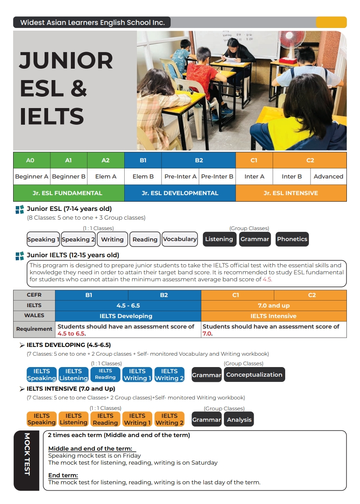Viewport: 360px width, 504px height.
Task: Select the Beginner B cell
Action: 69,177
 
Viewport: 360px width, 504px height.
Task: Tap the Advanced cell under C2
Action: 328,177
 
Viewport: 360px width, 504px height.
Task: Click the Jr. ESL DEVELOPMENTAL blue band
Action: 180,193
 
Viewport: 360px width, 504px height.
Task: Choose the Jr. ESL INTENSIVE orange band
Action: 291,193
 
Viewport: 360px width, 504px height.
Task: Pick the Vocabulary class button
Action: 180,239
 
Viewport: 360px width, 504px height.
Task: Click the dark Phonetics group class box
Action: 292,239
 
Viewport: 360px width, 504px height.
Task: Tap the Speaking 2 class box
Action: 78,239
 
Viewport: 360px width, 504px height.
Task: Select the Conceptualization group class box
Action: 254,375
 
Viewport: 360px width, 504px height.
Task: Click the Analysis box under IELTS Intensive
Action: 239,420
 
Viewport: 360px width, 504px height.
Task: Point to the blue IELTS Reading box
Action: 105,374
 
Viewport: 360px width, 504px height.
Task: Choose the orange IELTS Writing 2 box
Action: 169,419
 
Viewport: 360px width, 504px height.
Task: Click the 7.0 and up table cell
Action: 274,305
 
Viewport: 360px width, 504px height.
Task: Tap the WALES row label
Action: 34,316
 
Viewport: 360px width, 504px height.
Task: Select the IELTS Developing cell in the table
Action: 126,316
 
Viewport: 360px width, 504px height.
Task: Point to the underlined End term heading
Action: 63,476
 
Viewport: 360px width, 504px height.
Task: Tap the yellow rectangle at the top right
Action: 331,22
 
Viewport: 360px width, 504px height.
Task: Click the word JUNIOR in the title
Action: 66,61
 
